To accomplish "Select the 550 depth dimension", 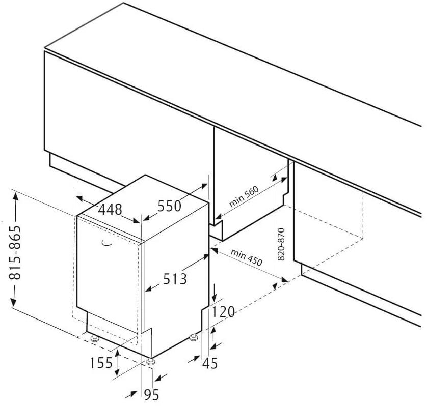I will (170, 206).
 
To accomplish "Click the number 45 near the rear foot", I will (209, 363).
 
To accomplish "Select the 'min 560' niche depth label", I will (244, 196).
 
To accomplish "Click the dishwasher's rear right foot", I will (194, 337).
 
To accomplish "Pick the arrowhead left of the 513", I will (148, 289).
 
